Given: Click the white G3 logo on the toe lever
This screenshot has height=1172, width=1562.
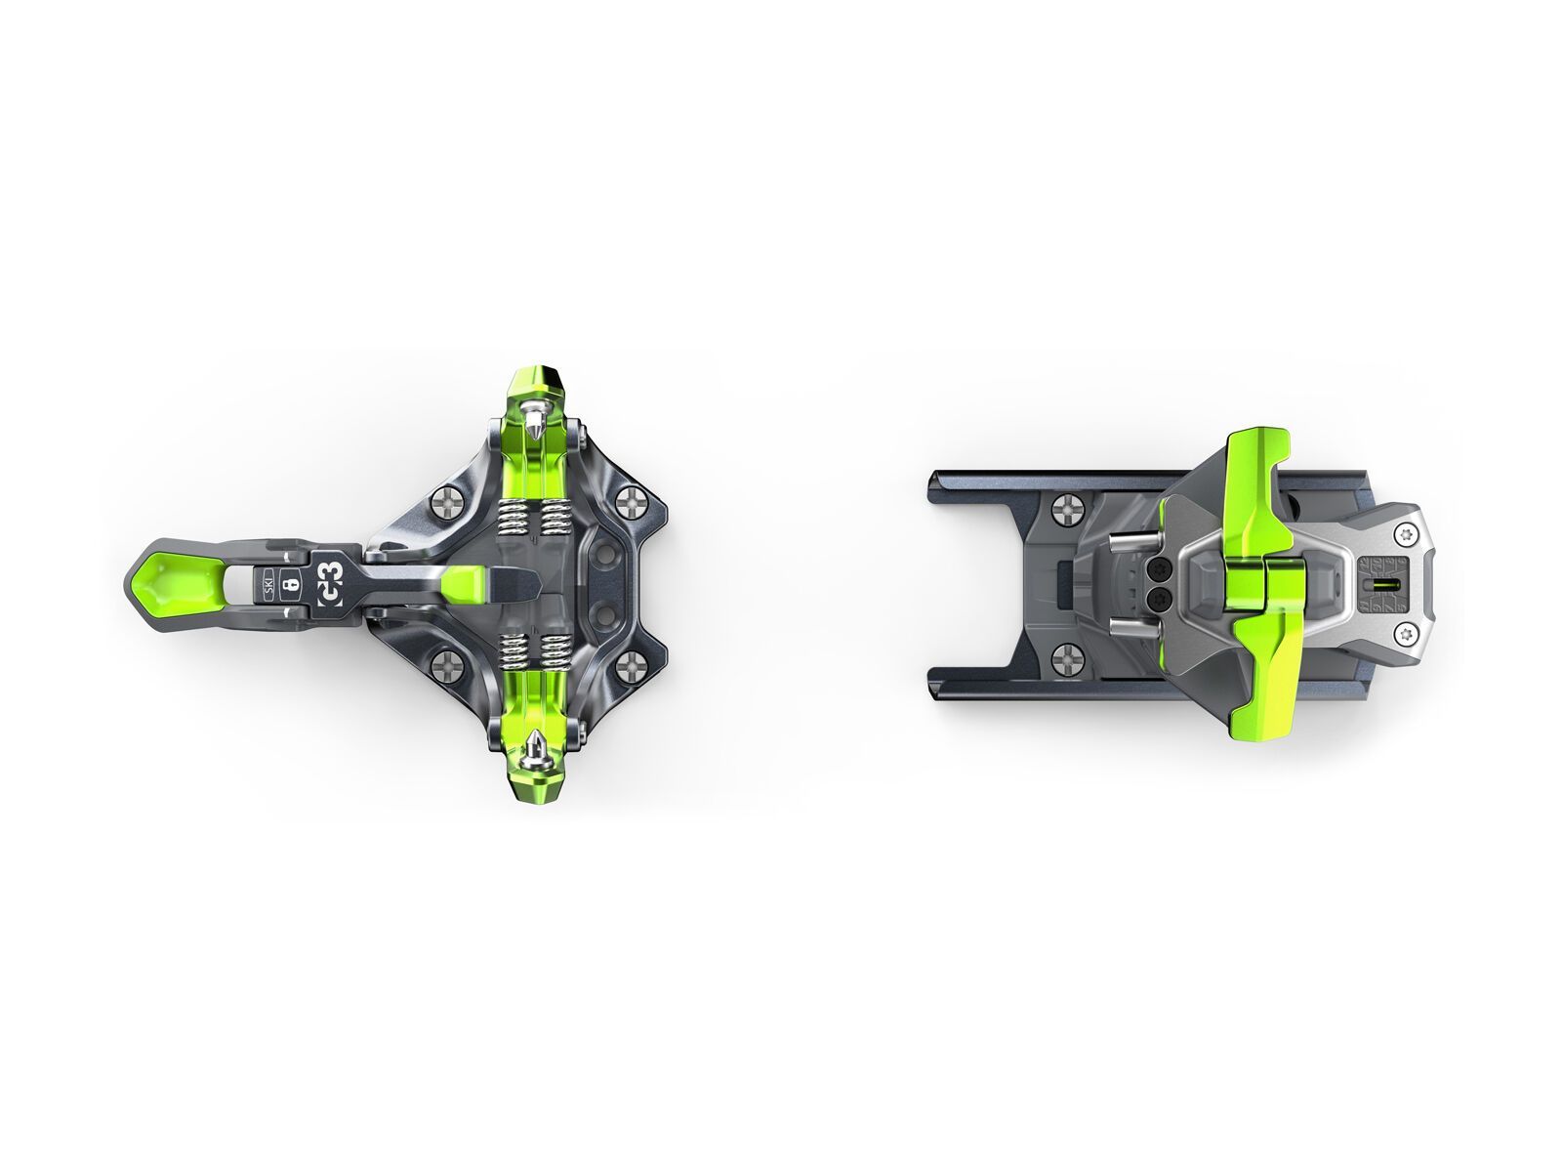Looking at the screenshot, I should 330,585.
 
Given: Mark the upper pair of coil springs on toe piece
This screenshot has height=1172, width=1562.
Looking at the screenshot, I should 536,516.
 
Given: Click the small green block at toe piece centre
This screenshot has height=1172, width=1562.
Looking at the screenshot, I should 465,585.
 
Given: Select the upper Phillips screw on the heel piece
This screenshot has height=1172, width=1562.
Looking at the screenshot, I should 1065,508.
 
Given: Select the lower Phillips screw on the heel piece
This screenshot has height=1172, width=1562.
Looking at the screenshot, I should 1065,660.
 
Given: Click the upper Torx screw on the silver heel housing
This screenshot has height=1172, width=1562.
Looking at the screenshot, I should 1407,533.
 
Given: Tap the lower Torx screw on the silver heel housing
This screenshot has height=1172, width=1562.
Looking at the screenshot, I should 1407,636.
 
